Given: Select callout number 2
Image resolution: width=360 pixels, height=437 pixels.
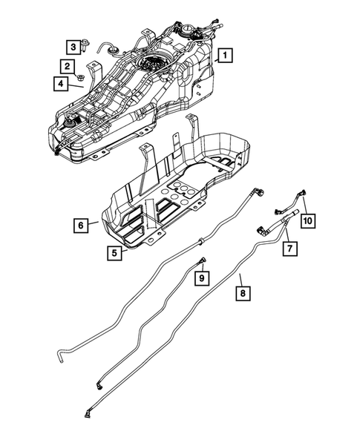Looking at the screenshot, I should click(x=68, y=67).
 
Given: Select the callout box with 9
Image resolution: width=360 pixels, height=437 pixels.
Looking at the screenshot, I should click(x=200, y=277).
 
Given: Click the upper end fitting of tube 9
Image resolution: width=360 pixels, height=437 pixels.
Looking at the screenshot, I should click(x=203, y=259).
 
